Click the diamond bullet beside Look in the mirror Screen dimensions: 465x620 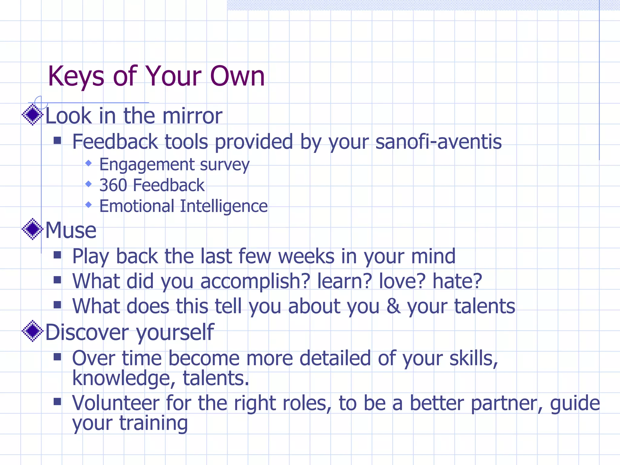click(x=33, y=114)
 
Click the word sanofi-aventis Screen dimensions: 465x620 click(x=438, y=142)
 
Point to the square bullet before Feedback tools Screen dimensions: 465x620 click(x=57, y=140)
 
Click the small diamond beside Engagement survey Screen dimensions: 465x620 click(x=88, y=163)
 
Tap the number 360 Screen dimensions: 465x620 click(x=113, y=185)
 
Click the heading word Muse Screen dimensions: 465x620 click(x=71, y=230)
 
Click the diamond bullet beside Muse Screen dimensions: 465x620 click(x=33, y=229)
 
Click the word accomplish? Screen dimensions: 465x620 click(x=255, y=281)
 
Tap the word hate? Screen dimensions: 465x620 click(x=457, y=281)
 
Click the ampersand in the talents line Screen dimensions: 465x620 click(x=393, y=306)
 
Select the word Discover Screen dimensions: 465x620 click(x=87, y=332)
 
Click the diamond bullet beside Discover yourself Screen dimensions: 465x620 click(x=33, y=331)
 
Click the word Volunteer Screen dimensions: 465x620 click(x=116, y=403)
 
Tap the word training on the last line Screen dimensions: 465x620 click(x=153, y=423)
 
